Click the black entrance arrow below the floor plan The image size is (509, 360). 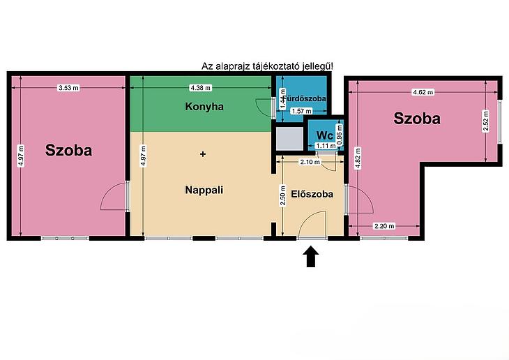pyautogui.click(x=311, y=257)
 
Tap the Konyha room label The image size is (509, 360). pyautogui.click(x=204, y=107)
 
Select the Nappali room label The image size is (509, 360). pyautogui.click(x=204, y=190)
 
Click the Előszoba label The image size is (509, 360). pyautogui.click(x=312, y=194)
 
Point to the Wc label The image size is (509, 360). pyautogui.click(x=325, y=135)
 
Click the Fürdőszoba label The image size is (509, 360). pyautogui.click(x=305, y=98)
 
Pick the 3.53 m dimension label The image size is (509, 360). pyautogui.click(x=68, y=88)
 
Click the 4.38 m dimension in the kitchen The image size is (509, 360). pyautogui.click(x=200, y=88)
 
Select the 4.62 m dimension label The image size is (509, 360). pyautogui.click(x=423, y=92)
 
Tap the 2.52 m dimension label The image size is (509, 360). pyautogui.click(x=485, y=121)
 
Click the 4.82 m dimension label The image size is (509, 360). pyautogui.click(x=358, y=158)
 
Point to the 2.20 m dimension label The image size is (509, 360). pyautogui.click(x=384, y=226)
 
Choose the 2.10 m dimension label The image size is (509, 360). pyautogui.click(x=310, y=161)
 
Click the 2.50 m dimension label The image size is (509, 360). pyautogui.click(x=283, y=196)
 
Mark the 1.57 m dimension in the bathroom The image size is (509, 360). pyautogui.click(x=302, y=111)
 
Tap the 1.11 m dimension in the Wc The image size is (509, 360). pyautogui.click(x=326, y=146)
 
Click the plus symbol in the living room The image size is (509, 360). pyautogui.click(x=203, y=154)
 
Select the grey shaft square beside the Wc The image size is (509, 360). pyautogui.click(x=289, y=139)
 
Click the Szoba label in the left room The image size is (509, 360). pyautogui.click(x=68, y=150)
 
